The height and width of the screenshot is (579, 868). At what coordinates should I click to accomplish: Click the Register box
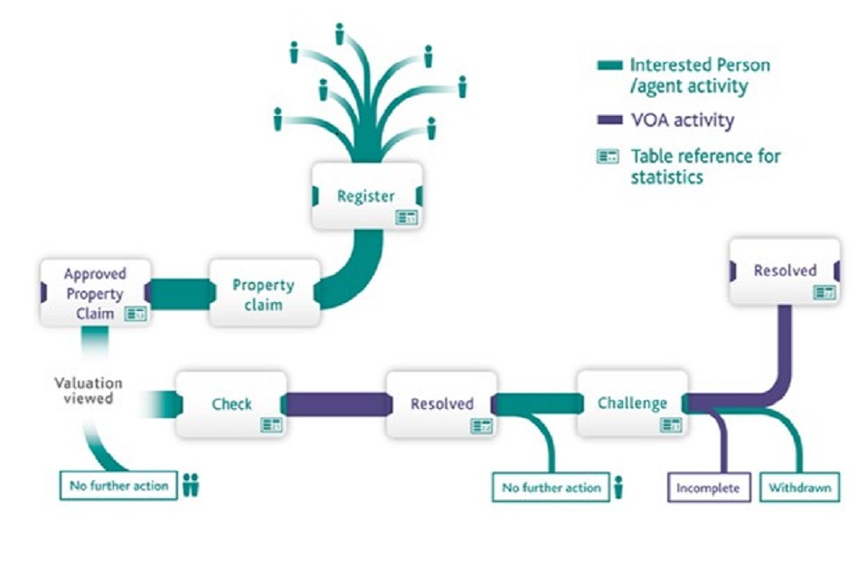(366, 195)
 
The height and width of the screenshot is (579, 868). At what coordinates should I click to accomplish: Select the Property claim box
(263, 294)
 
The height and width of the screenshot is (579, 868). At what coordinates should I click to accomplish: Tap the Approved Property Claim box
(94, 292)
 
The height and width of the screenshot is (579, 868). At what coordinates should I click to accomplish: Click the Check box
(231, 404)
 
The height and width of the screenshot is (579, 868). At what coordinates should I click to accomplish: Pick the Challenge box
(632, 403)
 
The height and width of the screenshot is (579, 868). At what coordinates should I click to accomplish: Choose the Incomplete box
(709, 488)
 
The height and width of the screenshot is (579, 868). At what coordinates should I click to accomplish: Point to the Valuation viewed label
(88, 391)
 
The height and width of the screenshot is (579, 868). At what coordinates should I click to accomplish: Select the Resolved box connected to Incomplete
(785, 271)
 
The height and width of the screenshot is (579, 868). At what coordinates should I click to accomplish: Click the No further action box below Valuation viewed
(118, 486)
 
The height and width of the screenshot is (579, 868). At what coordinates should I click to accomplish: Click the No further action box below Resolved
(551, 488)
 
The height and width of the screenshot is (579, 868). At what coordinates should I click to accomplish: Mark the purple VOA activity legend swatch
(610, 119)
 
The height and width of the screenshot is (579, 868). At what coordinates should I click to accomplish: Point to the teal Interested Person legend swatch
(610, 65)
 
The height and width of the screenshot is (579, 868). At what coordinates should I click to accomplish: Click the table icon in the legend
(608, 157)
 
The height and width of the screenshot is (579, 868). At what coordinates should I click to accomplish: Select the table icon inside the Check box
(271, 424)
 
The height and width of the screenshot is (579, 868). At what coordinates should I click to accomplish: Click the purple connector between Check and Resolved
(336, 404)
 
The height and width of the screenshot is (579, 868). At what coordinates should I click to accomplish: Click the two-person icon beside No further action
(191, 485)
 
